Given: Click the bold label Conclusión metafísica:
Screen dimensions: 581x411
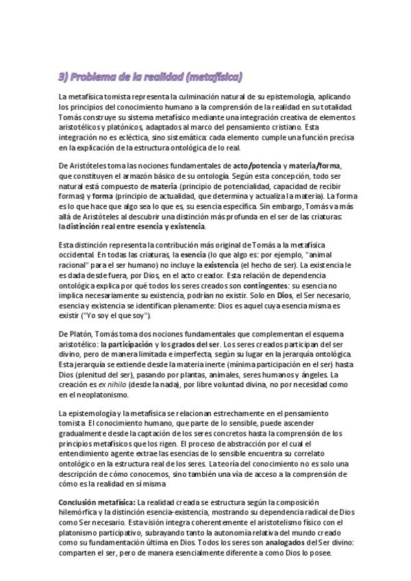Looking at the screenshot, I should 96,503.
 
